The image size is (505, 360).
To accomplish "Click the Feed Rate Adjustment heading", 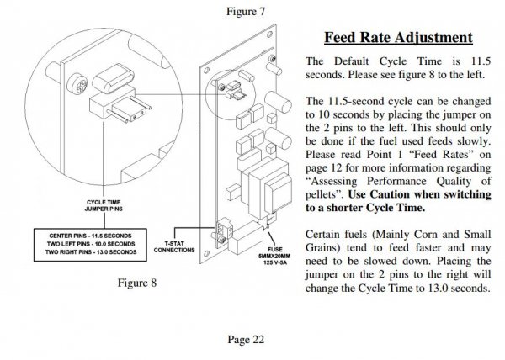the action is point(398,37).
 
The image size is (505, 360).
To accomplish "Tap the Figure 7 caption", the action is point(246,11).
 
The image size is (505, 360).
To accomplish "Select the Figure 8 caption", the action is point(137,283).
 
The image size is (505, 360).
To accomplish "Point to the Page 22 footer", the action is point(246,340).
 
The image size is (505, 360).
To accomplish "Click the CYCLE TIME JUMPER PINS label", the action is point(104,205).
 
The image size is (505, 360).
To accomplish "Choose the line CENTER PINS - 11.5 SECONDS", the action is point(91,236).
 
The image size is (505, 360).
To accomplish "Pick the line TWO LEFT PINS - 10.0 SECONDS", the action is point(91,244).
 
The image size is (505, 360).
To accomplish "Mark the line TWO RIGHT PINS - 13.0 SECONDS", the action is point(91,251).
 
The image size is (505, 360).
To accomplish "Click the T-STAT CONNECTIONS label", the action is point(174,246).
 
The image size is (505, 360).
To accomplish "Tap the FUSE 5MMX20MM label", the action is point(274,253).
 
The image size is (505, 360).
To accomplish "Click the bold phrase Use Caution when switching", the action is point(420,194).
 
